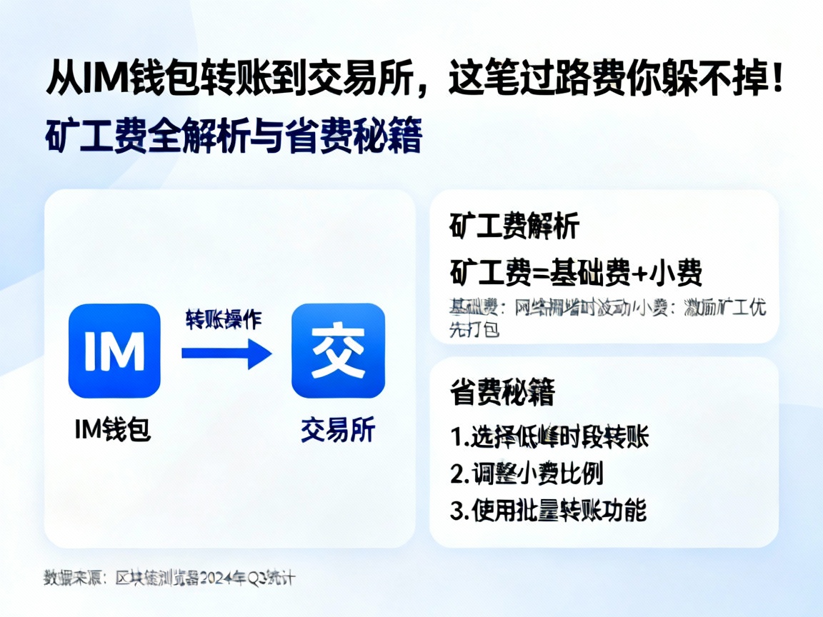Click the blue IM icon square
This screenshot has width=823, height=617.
(114, 351)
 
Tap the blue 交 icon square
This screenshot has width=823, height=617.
(338, 351)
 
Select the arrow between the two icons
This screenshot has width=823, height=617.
(226, 353)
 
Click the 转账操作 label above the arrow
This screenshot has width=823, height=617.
(223, 319)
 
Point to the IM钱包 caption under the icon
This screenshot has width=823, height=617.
(114, 430)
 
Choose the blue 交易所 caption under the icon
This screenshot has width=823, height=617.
(338, 431)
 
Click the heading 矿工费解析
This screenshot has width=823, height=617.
(514, 227)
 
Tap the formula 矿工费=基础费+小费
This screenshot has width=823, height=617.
(577, 272)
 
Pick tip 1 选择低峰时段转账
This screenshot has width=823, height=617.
(549, 437)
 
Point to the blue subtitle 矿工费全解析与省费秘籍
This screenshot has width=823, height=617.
(234, 137)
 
